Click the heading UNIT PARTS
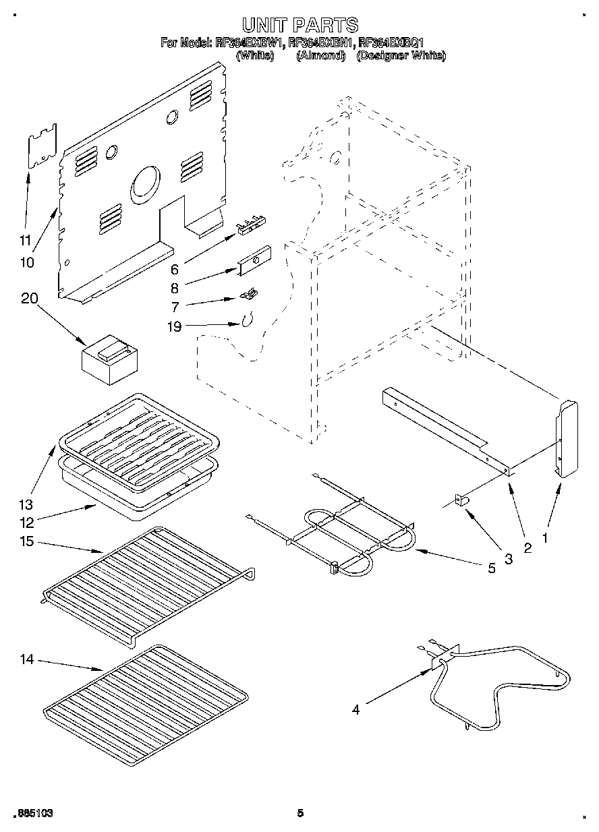(299, 26)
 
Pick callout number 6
(174, 269)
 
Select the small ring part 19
(248, 319)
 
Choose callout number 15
(28, 541)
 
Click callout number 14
(27, 659)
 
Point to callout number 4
(355, 709)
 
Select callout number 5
(491, 568)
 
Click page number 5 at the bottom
(299, 813)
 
